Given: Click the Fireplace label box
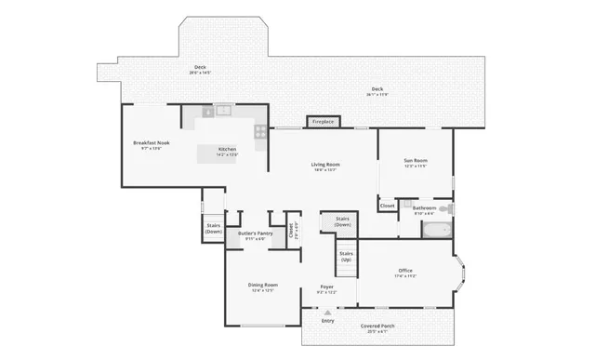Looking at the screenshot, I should pos(323,122).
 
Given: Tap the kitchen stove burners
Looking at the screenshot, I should pos(261,131).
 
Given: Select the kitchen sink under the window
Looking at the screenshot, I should pos(223,111).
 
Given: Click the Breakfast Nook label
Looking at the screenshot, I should pos(151,142).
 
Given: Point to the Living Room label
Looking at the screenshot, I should pos(324,165).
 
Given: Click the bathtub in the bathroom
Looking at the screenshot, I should pos(436,226).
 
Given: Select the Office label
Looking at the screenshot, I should pos(405,271).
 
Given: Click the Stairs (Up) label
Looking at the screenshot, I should pos(346,256).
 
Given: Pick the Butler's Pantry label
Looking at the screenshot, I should pos(255,233).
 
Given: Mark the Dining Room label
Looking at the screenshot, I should pos(263,285).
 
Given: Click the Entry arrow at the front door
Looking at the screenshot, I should pos(327,313).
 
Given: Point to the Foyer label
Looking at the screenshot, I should pos(326,286).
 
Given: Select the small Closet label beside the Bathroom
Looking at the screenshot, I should pos(388,206).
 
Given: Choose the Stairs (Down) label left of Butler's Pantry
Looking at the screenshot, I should pos(214,228).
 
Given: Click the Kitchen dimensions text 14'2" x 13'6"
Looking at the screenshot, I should pos(228,155).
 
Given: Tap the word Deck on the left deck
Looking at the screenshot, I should pos(200,67).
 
